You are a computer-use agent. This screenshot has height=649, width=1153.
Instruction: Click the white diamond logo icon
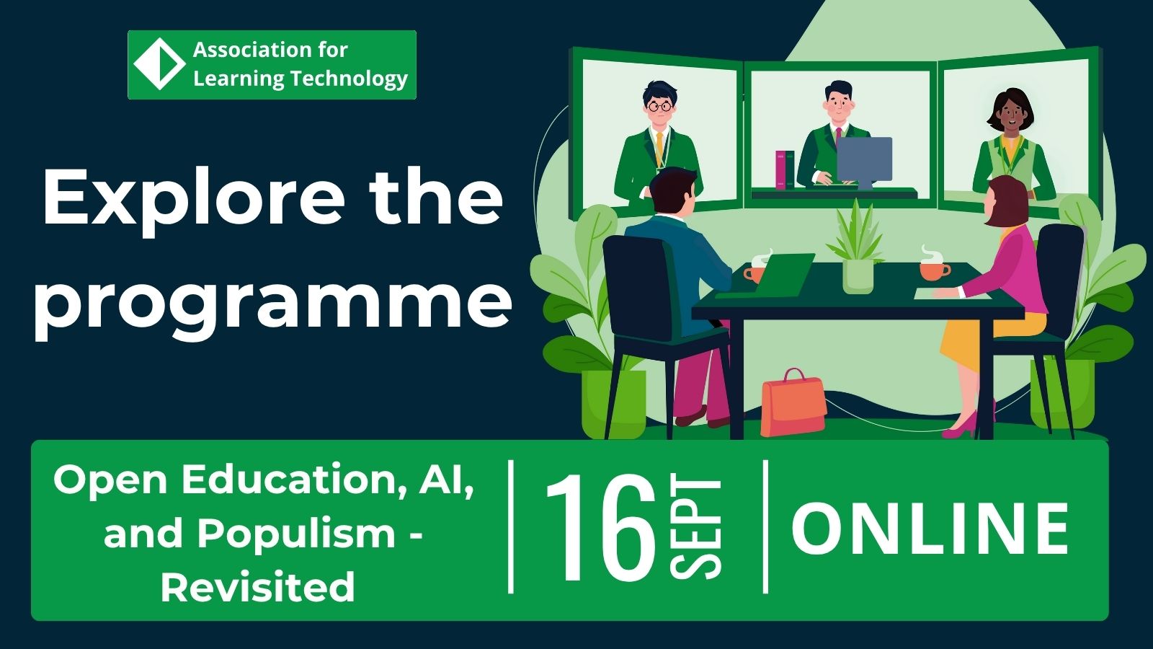(159, 64)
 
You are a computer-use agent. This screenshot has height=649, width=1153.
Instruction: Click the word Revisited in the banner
(258, 586)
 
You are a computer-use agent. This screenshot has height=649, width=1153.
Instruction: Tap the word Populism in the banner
(296, 534)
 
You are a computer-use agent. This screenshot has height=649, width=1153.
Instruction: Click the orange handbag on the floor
(793, 404)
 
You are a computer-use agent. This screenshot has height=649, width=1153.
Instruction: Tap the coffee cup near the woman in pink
(935, 270)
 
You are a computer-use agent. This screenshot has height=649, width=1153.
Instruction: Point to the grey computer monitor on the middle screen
(864, 162)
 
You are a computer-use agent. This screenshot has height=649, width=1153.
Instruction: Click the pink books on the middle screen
(785, 170)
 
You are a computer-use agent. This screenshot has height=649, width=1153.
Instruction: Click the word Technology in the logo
(349, 79)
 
